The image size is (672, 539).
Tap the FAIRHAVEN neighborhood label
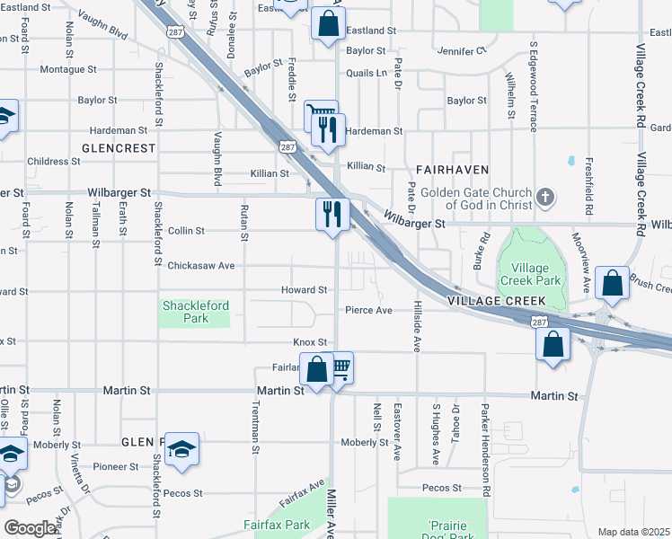point(452,169)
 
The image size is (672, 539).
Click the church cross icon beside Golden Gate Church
point(544,196)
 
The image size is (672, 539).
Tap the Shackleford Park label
point(195,312)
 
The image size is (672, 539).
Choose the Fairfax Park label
point(277,525)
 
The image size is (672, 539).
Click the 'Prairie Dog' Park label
point(438,531)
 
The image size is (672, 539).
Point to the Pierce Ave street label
point(369,310)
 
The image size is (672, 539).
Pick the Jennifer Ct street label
point(462,50)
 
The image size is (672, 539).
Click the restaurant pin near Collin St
point(332,216)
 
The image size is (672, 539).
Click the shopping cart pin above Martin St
point(339,368)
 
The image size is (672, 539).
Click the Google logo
point(30,528)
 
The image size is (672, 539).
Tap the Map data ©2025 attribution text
point(633,532)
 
